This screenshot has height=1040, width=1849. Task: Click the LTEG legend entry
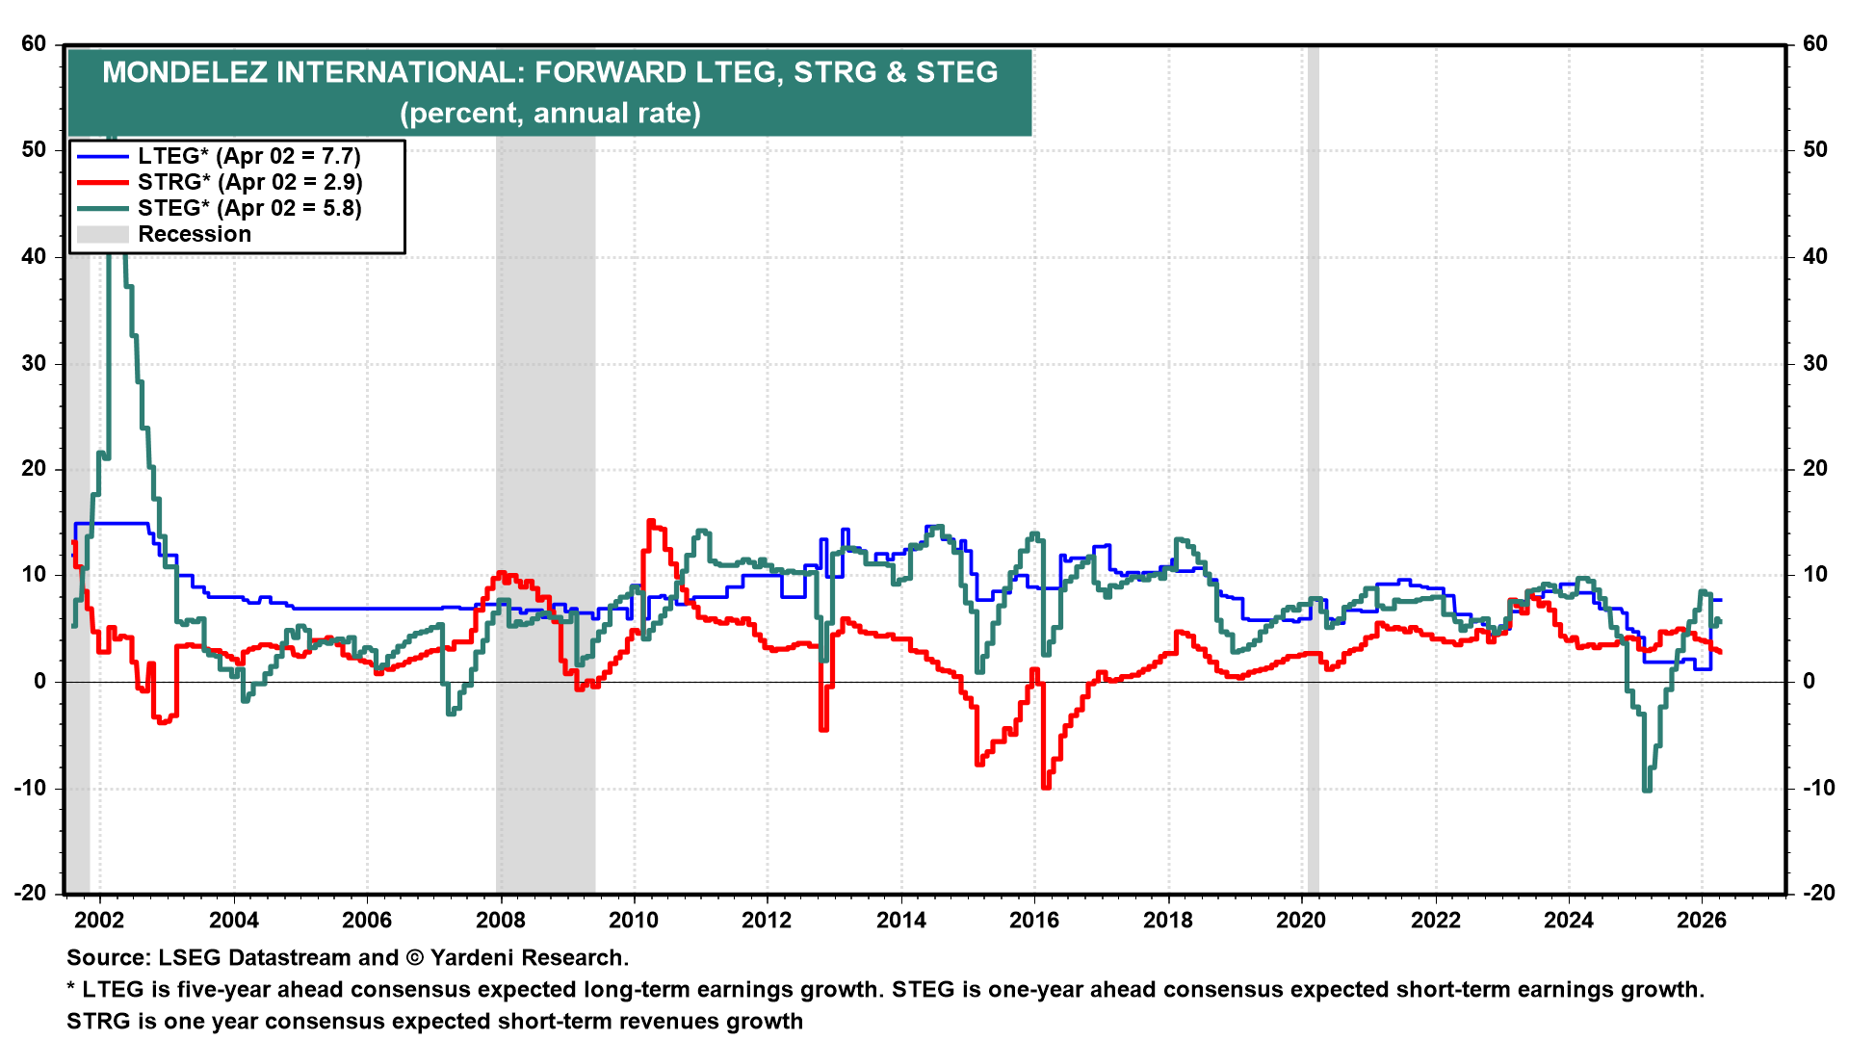point(248,156)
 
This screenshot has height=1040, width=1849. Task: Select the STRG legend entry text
point(249,182)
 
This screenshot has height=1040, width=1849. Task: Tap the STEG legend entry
point(249,208)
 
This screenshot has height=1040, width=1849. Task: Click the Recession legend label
point(195,234)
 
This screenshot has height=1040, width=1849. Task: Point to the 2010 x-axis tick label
point(634,920)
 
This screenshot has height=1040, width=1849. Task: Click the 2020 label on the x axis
point(1301,920)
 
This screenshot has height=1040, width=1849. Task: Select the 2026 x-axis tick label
point(1702,920)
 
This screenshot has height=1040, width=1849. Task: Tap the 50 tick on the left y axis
point(34,149)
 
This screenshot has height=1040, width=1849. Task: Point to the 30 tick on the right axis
point(1814,363)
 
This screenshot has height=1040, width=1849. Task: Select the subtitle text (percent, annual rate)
point(550,113)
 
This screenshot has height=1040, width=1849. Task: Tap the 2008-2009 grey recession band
point(545,481)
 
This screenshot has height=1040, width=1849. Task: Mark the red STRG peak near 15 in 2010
point(651,523)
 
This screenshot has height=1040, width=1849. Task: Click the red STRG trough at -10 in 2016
point(1046,786)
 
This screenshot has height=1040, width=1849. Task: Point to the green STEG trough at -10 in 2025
point(1647,789)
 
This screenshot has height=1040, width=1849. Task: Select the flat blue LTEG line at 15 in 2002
point(111,524)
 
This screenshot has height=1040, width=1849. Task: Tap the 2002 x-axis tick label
point(100,920)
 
